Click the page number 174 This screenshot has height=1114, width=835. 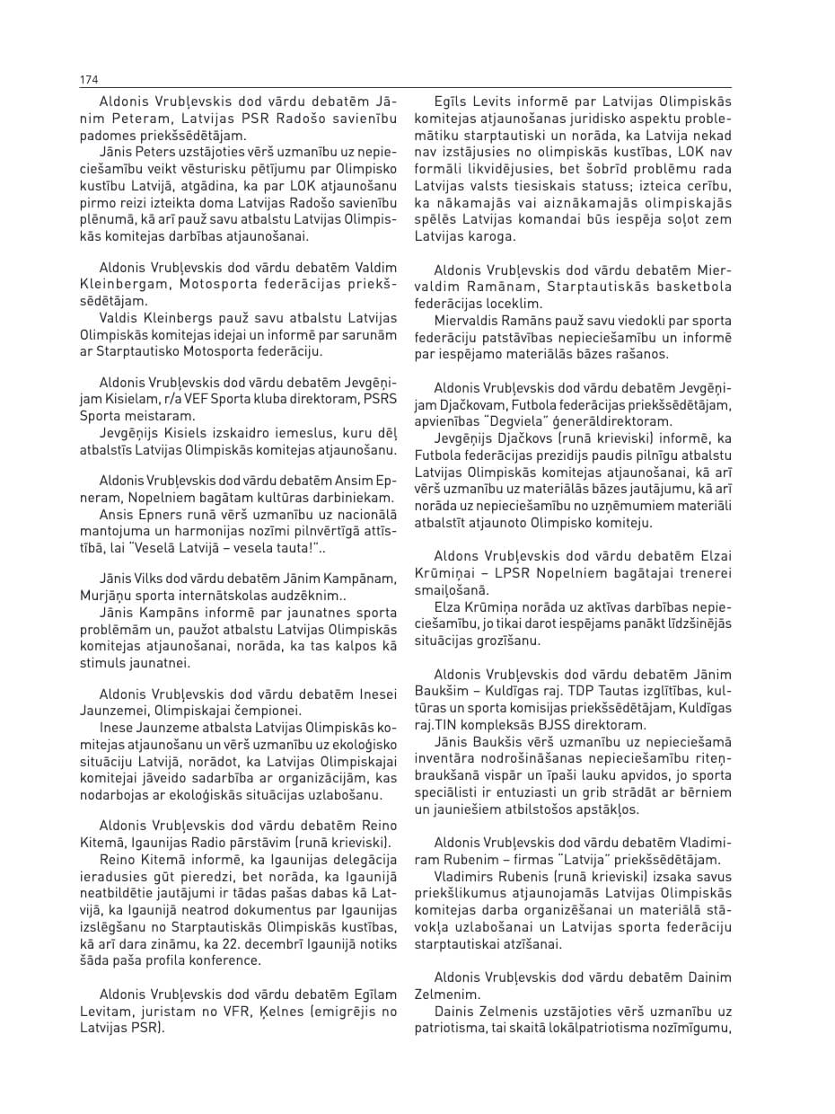coord(89,80)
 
